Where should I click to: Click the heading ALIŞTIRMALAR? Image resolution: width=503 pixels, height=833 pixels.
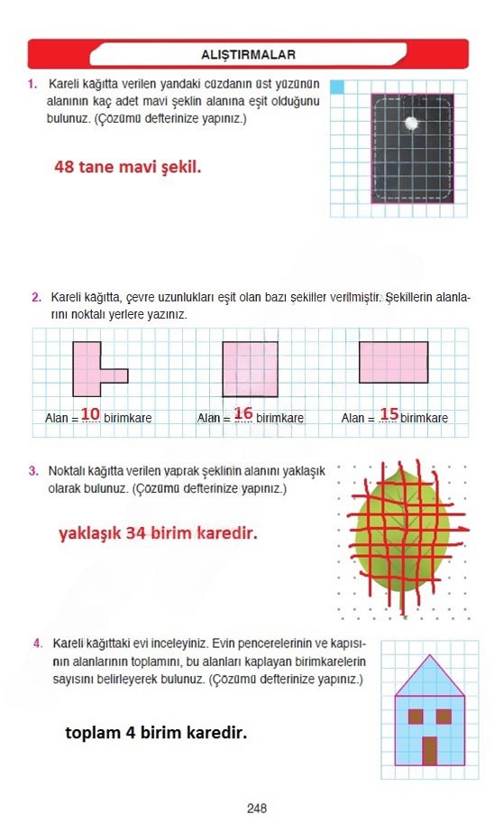coord(249,54)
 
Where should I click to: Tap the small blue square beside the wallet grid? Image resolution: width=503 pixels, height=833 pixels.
coord(336,88)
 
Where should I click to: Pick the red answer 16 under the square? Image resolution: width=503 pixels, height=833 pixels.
coord(243,413)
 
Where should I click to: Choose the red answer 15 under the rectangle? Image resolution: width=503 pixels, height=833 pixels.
coord(389,413)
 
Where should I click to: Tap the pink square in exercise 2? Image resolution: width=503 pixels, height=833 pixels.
coord(250,369)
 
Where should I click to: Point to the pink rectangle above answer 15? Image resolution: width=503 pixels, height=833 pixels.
coord(393,362)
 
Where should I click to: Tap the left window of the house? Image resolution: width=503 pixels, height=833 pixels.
coord(415,717)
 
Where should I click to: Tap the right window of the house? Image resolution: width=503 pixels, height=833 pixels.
coord(444,717)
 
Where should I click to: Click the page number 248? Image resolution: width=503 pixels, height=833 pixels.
coord(257,809)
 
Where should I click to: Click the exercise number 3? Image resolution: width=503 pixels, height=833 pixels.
coord(32,471)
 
